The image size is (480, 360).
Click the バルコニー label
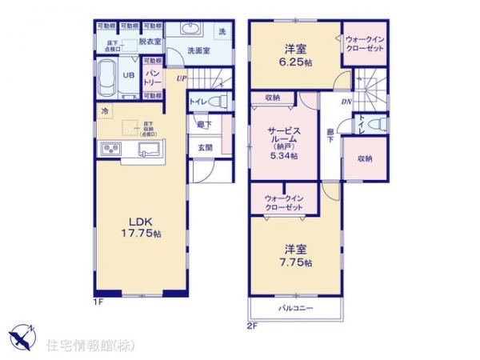click(x=295, y=308)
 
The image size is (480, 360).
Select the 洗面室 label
click(x=198, y=51)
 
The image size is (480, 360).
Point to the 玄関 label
click(x=205, y=148)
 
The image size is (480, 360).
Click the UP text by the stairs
click(x=182, y=77)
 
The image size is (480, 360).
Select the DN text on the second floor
click(x=346, y=102)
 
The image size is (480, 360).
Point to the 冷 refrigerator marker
click(x=105, y=111)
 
